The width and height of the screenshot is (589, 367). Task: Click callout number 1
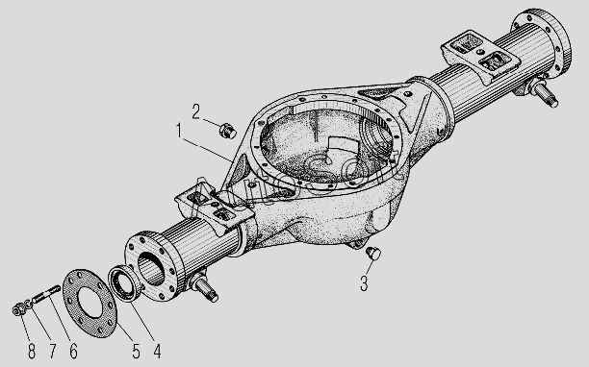click(x=179, y=132)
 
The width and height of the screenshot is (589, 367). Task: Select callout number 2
click(x=195, y=111)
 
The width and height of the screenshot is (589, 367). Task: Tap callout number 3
click(x=364, y=283)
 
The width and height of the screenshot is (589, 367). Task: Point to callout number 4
click(x=157, y=352)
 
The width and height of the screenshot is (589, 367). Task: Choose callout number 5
click(x=136, y=352)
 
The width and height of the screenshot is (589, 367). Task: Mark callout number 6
click(x=73, y=352)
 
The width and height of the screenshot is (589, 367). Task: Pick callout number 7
click(x=53, y=352)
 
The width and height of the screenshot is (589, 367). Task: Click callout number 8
click(x=32, y=352)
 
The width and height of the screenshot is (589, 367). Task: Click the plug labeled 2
click(x=228, y=131)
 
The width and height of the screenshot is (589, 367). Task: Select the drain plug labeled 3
click(x=373, y=253)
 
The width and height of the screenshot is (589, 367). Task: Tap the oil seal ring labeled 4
click(x=124, y=283)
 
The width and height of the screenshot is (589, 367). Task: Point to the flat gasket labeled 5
click(x=90, y=304)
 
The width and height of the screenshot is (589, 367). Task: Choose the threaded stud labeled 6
click(x=46, y=294)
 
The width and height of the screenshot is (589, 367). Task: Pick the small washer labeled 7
click(x=29, y=304)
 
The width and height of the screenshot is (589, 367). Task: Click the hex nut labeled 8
click(x=17, y=309)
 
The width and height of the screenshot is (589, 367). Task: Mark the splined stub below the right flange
click(x=541, y=93)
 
